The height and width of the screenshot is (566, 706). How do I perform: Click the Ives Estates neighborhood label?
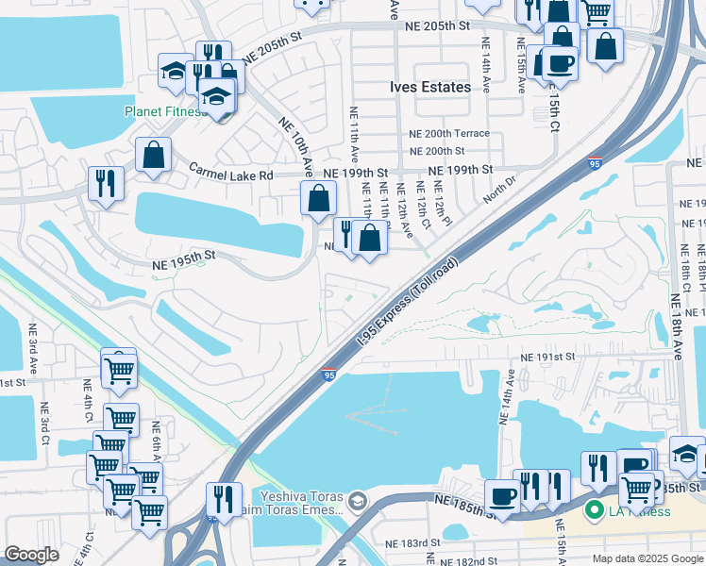click(x=430, y=87)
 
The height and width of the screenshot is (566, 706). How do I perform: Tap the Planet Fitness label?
click(x=165, y=111)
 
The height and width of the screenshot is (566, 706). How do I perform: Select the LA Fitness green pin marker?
click(x=595, y=511)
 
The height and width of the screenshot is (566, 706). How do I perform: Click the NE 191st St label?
click(x=548, y=358)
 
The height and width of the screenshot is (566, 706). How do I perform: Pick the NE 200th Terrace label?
click(x=449, y=134)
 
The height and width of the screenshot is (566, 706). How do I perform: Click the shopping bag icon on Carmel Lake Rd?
click(x=153, y=155)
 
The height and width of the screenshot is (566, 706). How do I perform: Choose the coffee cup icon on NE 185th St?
click(x=502, y=495)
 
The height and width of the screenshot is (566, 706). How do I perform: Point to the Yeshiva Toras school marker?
click(x=357, y=500)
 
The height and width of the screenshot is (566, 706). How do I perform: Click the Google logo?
click(x=31, y=555)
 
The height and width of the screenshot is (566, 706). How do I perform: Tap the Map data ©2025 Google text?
click(x=647, y=558)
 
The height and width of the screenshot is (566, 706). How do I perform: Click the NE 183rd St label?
click(x=412, y=543)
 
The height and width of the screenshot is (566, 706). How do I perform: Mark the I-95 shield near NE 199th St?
click(x=595, y=163)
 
